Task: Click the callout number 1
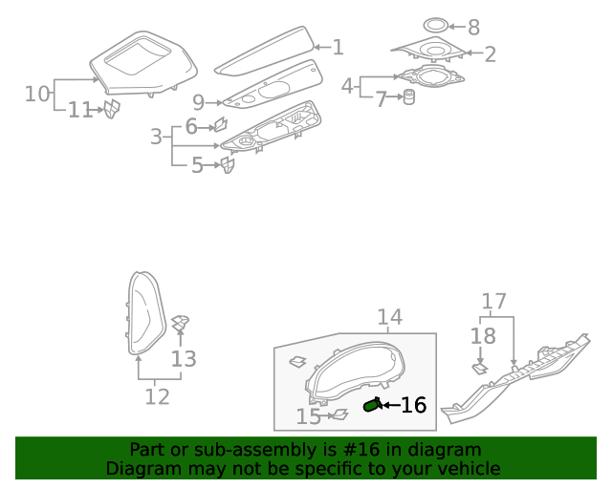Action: point(337,47)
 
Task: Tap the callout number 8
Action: point(472,28)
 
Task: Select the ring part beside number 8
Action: point(434,26)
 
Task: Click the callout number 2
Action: point(490,54)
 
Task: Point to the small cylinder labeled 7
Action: point(408,97)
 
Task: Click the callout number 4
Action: point(348,86)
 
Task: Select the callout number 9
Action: point(198,102)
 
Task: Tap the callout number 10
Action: point(36,94)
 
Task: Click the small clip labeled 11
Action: point(111,110)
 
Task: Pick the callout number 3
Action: point(156,137)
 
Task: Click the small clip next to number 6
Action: point(219,124)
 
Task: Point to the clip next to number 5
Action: point(227,166)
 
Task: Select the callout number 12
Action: point(157,395)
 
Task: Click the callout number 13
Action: point(184,359)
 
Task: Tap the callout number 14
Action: point(389,317)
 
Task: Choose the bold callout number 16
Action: point(412,406)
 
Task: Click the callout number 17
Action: point(493,303)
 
